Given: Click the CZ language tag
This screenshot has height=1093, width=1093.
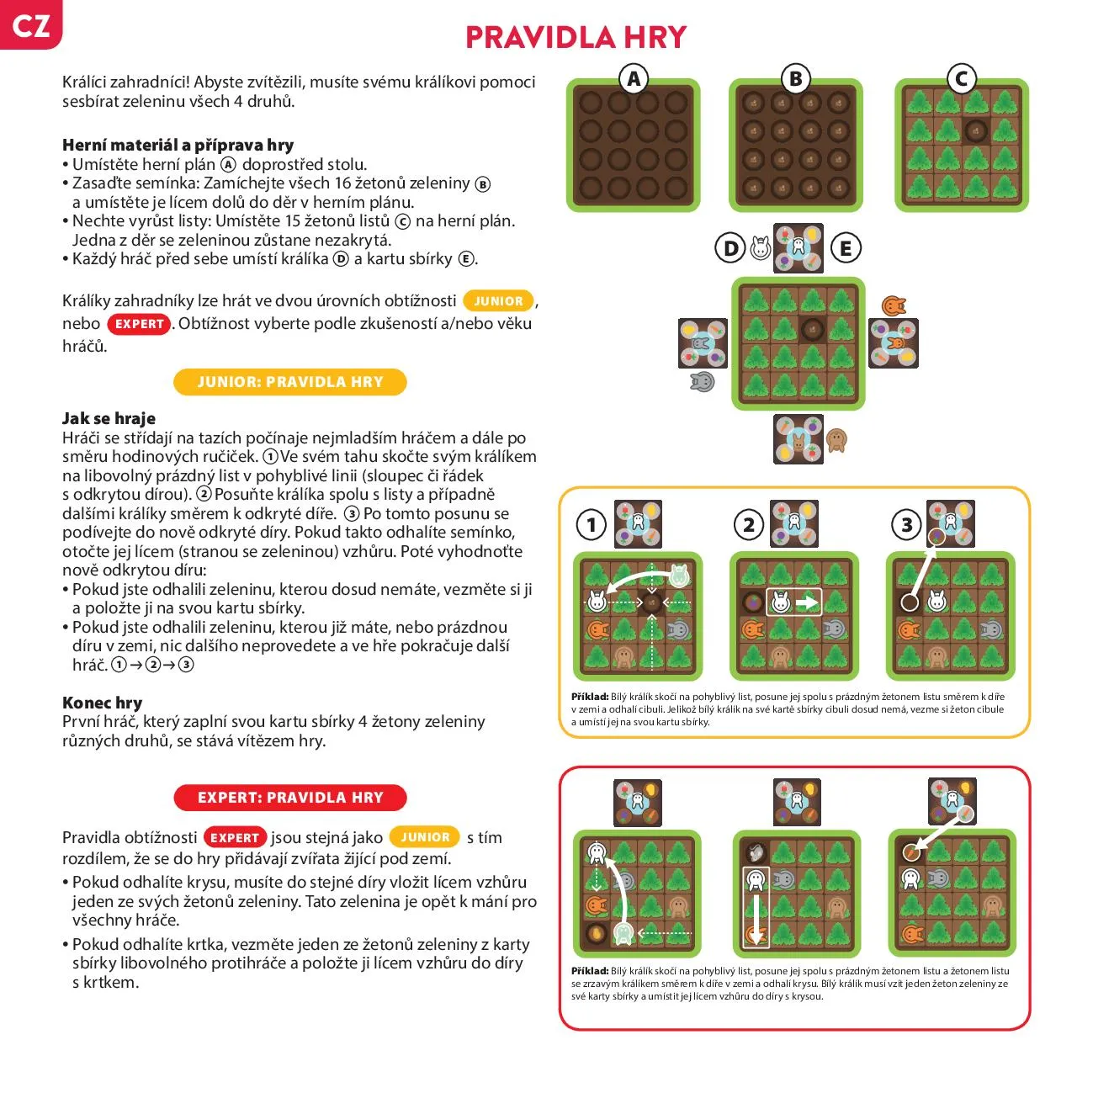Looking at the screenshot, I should [30, 25].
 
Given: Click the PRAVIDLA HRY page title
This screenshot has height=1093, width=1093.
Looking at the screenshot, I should [576, 37].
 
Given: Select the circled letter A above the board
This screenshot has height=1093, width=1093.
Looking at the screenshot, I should [634, 79].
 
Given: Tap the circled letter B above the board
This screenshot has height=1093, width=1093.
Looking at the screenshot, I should [795, 79].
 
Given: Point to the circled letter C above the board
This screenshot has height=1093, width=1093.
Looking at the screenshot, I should [961, 79].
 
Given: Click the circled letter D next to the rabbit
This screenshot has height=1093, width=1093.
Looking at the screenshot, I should [730, 248].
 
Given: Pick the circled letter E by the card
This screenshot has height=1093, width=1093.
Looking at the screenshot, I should [846, 248].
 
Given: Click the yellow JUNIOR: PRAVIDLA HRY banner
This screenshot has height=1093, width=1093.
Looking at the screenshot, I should [289, 382].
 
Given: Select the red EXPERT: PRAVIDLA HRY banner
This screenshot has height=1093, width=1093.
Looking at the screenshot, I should [289, 797].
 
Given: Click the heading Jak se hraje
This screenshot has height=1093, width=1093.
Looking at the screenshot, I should [109, 418].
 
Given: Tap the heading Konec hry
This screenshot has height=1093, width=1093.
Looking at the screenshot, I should [102, 703].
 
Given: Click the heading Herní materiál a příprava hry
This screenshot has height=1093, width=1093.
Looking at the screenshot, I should [178, 145].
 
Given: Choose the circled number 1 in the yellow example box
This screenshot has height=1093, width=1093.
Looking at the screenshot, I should [592, 525].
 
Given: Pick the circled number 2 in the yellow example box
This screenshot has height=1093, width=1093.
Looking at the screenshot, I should [749, 525].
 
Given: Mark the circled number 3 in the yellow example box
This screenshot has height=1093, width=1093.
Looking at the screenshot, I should [906, 525].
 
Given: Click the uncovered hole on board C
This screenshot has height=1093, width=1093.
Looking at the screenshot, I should [976, 131].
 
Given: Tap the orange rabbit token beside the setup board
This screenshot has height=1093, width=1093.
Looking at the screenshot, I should [894, 305].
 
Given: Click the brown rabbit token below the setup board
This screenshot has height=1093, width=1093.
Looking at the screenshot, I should [836, 440].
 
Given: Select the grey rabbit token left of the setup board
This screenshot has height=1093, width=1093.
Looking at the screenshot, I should [702, 383].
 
